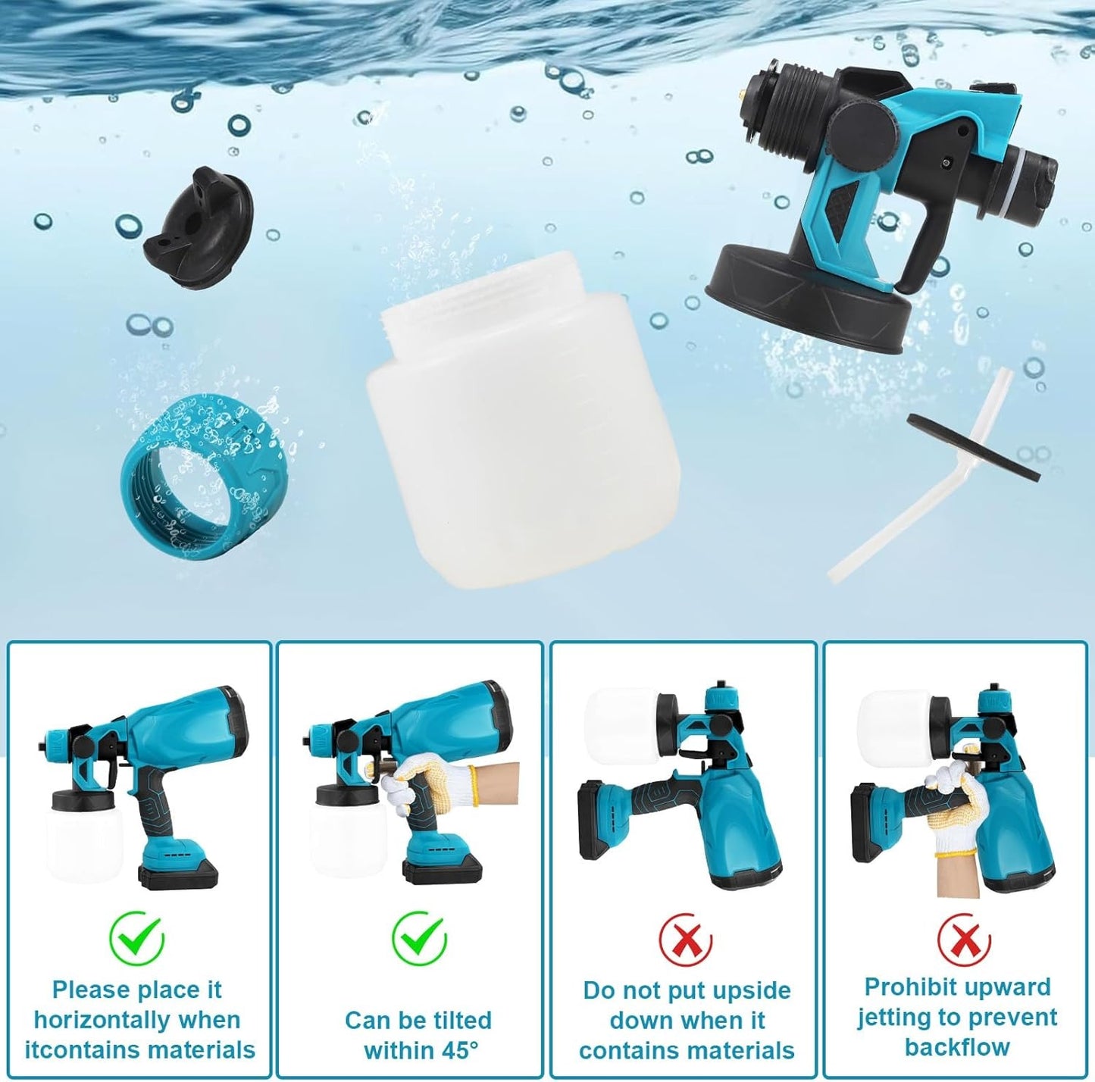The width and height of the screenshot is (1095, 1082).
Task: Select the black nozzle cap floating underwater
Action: pyautogui.click(x=196, y=225)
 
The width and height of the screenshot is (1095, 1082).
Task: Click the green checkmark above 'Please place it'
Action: pyautogui.click(x=137, y=939)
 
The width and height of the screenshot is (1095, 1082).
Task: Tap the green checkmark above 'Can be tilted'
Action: pyautogui.click(x=419, y=938)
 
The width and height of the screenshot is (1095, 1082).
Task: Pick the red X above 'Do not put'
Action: pyautogui.click(x=686, y=940)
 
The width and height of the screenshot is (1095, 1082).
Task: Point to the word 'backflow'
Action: pyautogui.click(x=957, y=1046)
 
